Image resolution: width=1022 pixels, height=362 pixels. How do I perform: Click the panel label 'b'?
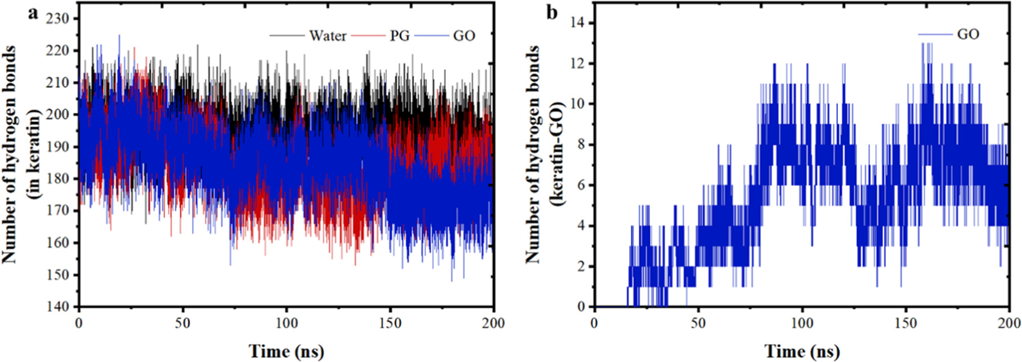point(552,12)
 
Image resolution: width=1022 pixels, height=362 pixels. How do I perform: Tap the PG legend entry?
point(400,36)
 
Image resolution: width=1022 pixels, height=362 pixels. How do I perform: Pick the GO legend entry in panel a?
point(464,36)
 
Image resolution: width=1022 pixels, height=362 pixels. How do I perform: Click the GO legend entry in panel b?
point(968,34)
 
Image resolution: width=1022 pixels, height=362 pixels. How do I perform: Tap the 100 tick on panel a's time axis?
point(286,323)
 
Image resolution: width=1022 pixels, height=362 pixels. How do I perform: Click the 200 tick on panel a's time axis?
point(493,323)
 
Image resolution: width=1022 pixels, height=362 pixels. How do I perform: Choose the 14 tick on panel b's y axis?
point(578,23)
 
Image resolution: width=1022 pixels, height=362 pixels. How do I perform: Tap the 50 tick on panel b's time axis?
point(698,323)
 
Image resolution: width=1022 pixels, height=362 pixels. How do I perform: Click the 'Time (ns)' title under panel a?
point(286,351)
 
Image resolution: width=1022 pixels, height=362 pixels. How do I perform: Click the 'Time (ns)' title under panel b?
point(802,351)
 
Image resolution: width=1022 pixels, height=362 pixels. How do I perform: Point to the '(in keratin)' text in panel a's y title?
point(35,154)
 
